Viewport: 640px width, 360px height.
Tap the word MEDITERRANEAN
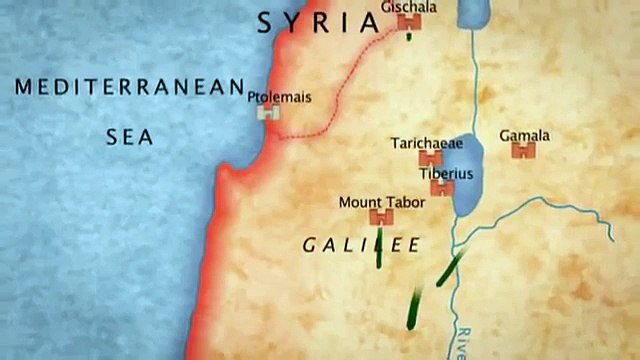click(x=130, y=87)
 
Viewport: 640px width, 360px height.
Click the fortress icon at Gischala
click(x=408, y=23)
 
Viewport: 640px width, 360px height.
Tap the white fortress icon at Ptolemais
click(x=267, y=114)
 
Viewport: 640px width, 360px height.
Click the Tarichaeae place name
click(x=427, y=144)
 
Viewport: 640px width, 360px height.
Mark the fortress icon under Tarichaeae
click(x=431, y=159)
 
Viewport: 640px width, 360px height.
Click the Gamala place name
click(x=525, y=136)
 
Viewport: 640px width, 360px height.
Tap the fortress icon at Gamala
click(x=523, y=152)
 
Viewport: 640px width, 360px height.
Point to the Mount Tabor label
click(x=382, y=202)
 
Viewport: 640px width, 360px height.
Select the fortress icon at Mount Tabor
click(x=380, y=217)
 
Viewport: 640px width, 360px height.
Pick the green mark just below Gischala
click(x=410, y=37)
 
